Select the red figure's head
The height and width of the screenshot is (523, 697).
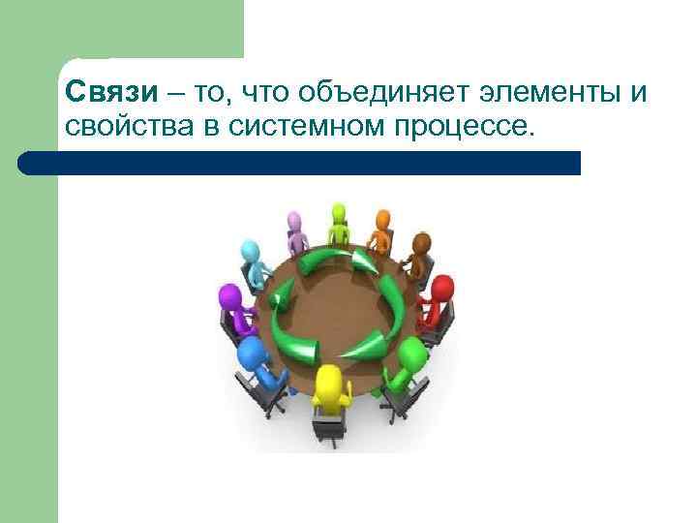[442, 289]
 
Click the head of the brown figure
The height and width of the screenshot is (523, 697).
[421, 243]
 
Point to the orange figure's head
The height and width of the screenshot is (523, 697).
[383, 219]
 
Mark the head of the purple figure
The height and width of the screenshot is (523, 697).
[229, 295]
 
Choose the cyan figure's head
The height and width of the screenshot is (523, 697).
[252, 252]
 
